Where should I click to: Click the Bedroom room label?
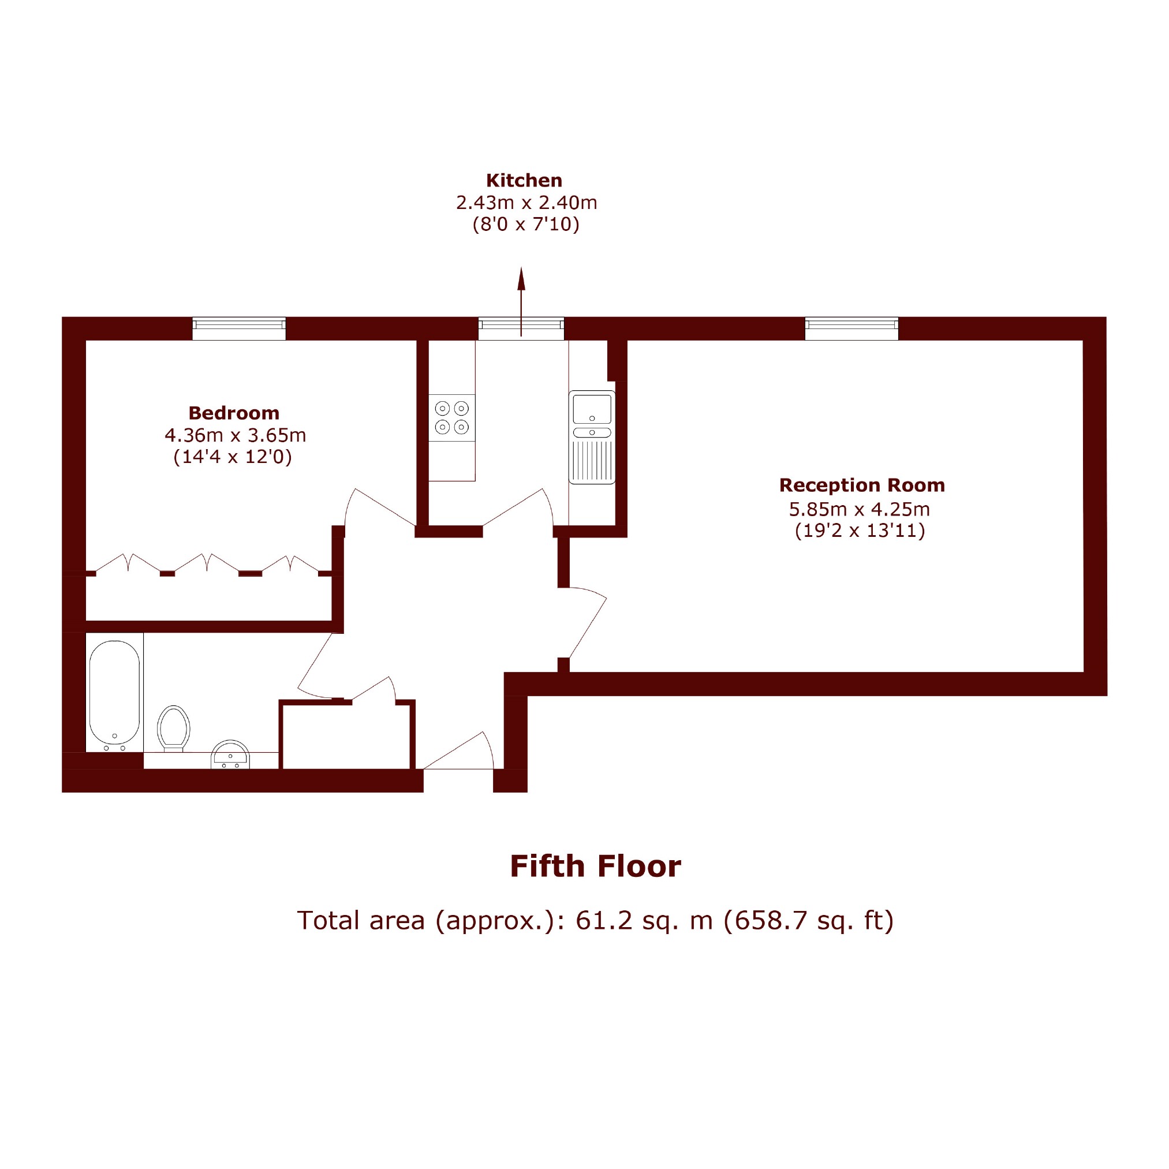[234, 413]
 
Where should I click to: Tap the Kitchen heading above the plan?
[524, 180]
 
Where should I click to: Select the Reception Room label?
[862, 485]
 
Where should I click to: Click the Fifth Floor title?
[595, 867]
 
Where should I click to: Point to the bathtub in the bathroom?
[114, 693]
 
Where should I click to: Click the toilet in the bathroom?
[174, 729]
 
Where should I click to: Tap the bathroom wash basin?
[230, 755]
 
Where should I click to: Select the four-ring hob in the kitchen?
[452, 417]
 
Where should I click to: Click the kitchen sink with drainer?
[592, 437]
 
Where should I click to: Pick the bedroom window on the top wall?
[239, 328]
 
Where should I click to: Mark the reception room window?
[851, 328]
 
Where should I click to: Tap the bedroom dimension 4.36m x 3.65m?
[236, 435]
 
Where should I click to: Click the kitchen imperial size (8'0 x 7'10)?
[526, 225]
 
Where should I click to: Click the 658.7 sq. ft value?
[808, 920]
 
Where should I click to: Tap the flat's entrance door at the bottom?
[458, 750]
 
